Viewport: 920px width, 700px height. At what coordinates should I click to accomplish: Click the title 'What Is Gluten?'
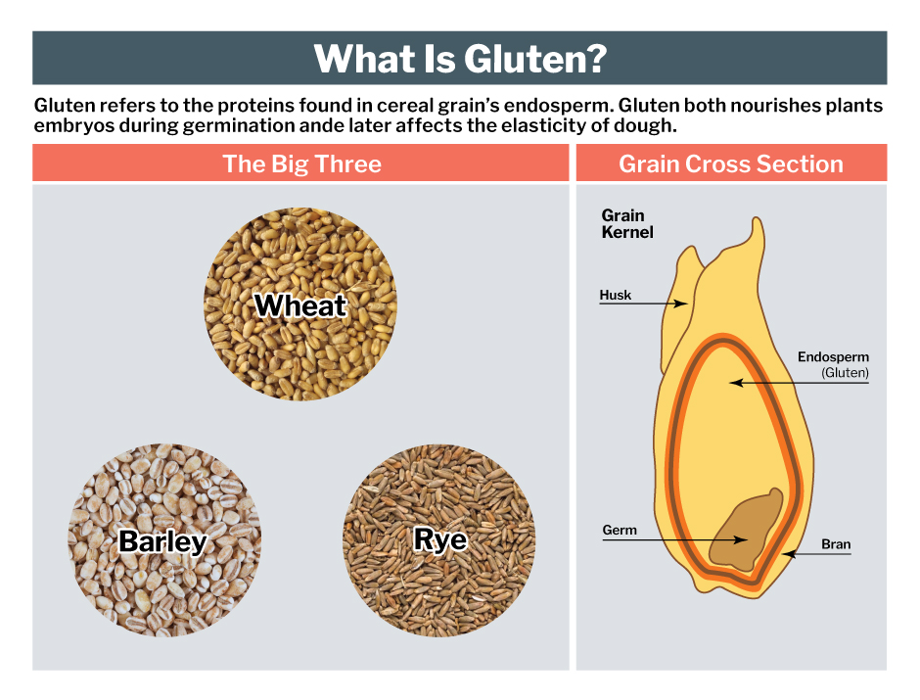(x=459, y=59)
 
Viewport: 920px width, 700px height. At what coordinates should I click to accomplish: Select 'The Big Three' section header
(x=301, y=163)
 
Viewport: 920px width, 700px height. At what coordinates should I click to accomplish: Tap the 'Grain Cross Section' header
(x=730, y=163)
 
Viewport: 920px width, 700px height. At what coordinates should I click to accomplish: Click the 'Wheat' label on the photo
(x=300, y=305)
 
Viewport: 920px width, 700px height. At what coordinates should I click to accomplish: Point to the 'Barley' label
(x=162, y=541)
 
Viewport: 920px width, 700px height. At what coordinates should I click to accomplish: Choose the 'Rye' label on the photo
(x=439, y=539)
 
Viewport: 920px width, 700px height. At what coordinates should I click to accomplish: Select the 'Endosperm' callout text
(x=833, y=357)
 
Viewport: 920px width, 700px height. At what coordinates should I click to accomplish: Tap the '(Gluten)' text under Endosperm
(x=845, y=373)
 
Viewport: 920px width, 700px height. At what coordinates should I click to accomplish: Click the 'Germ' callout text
(x=620, y=531)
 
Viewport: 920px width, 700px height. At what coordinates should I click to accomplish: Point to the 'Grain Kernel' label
(x=626, y=224)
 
